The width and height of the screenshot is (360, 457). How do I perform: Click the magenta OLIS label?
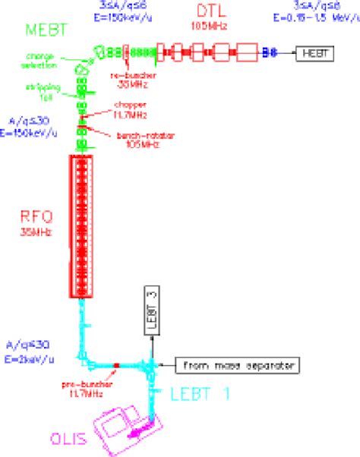click(73, 438)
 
